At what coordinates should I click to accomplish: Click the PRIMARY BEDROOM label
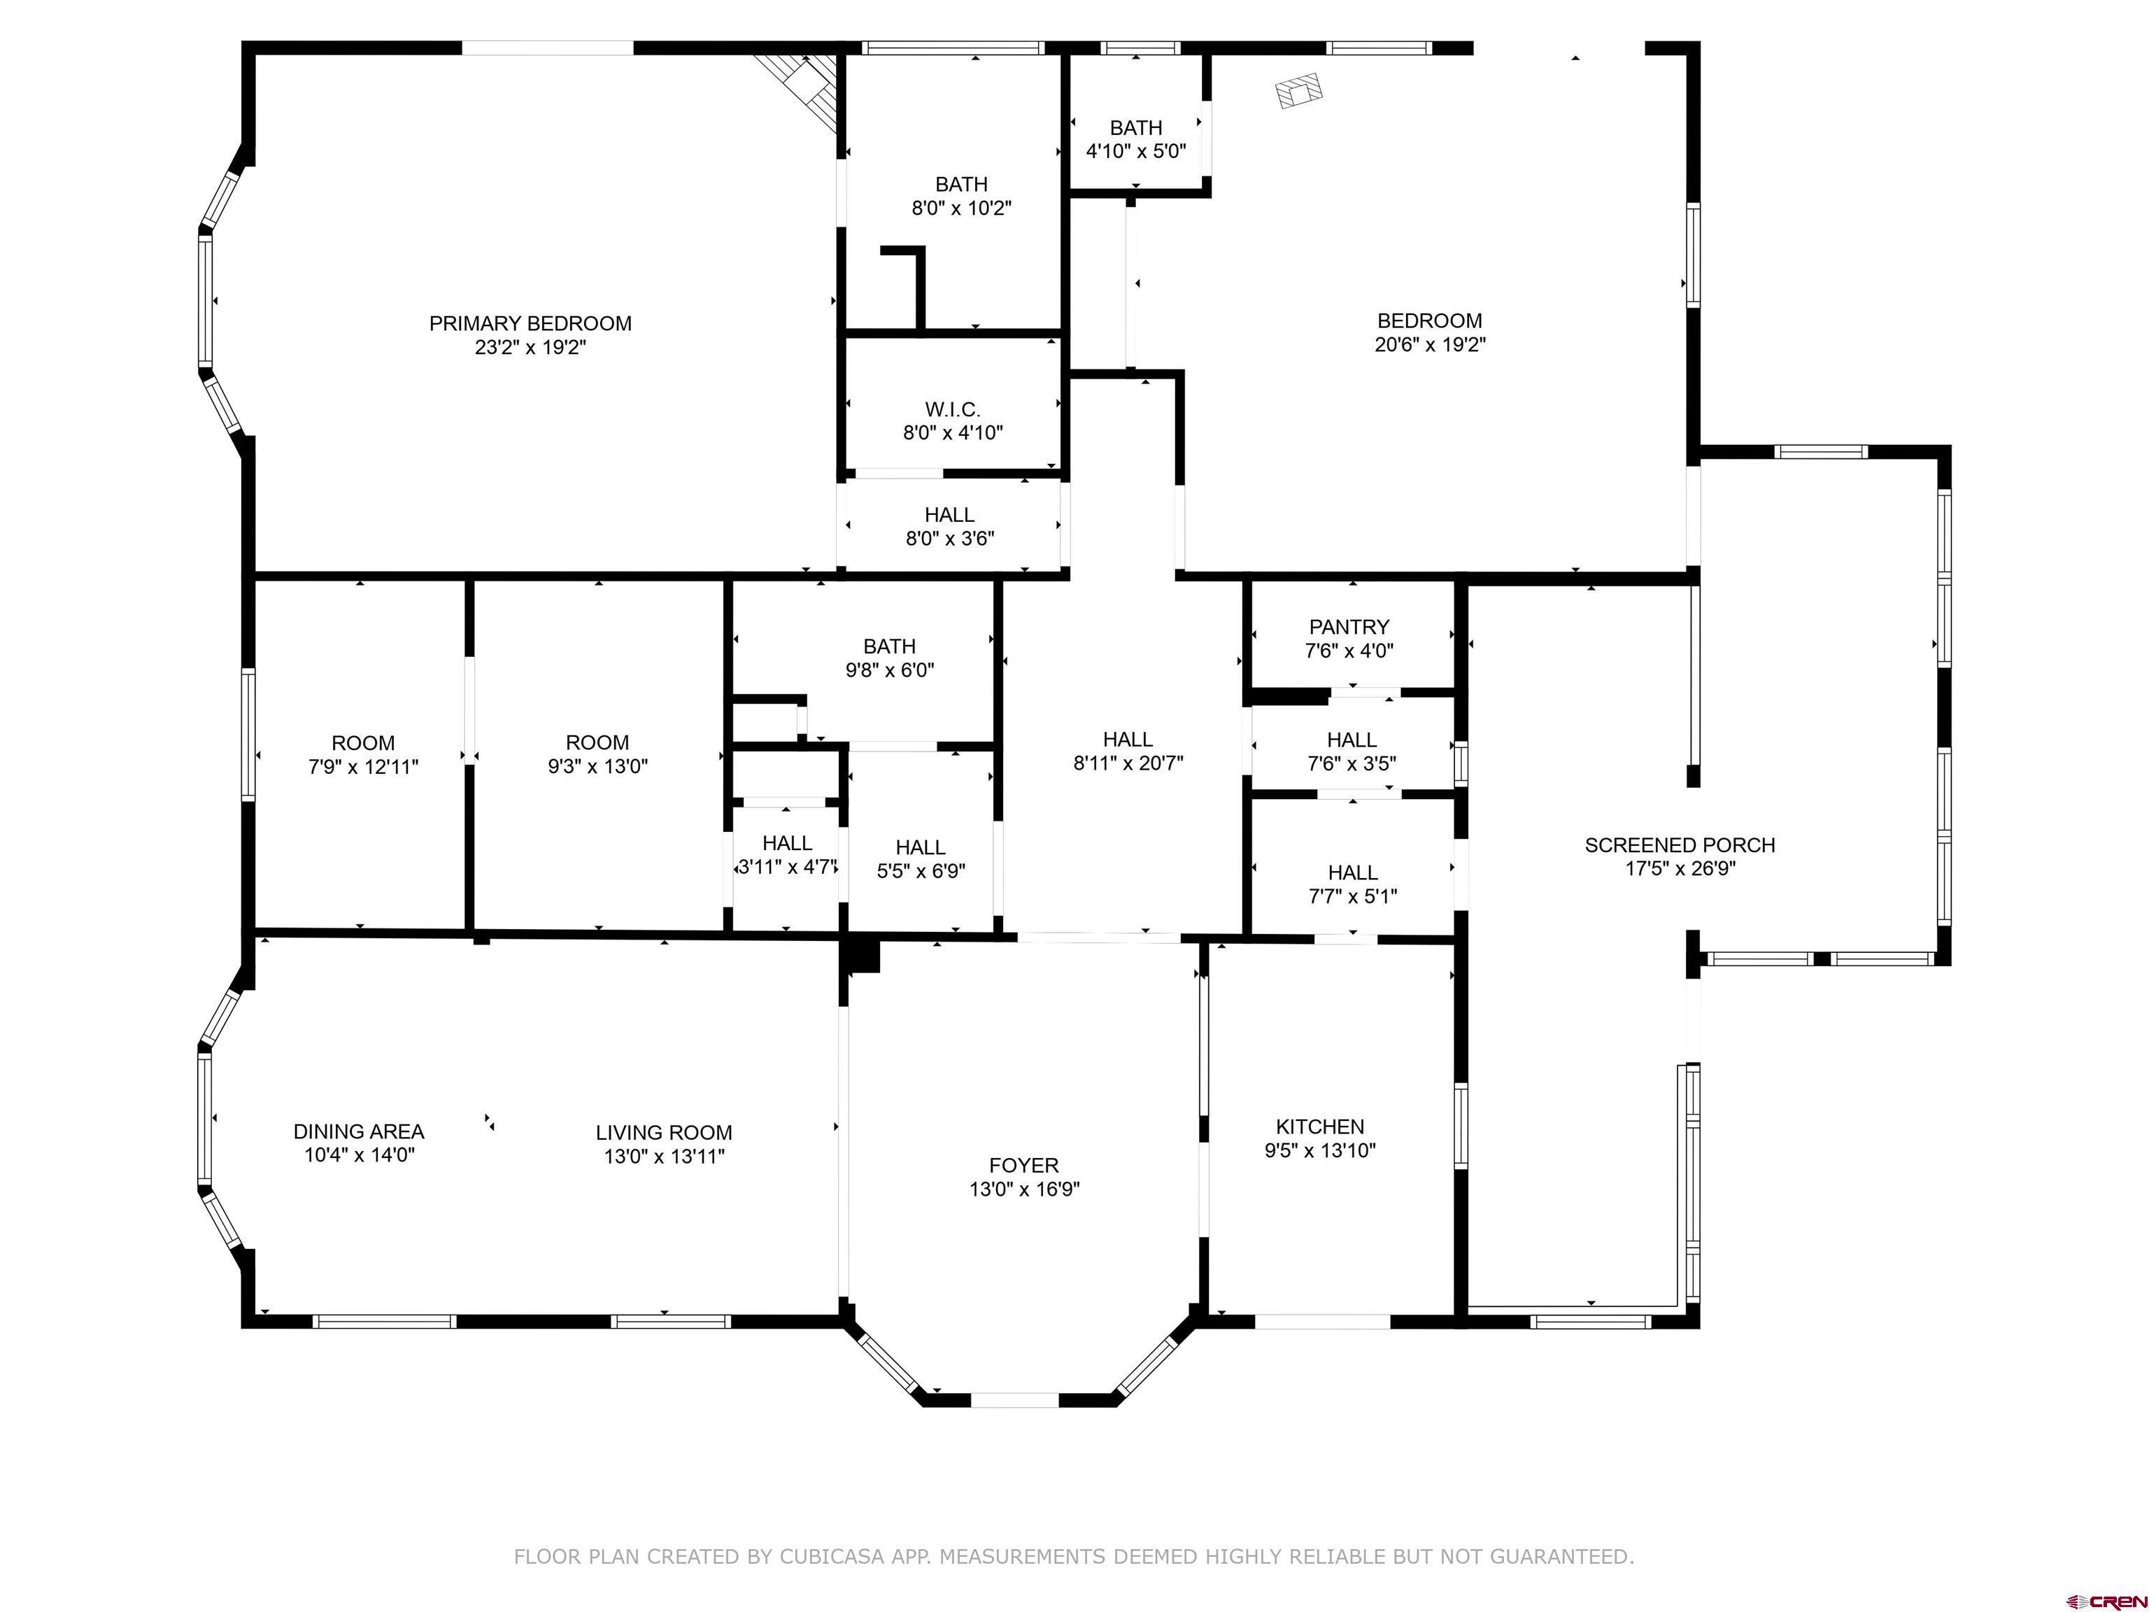(x=530, y=323)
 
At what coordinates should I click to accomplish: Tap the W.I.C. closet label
(x=952, y=410)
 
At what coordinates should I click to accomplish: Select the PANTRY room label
(x=1349, y=627)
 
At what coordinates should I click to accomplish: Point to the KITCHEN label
(x=1319, y=1126)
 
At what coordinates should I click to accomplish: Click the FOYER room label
(x=1024, y=1165)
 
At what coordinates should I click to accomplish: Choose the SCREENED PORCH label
(x=1680, y=845)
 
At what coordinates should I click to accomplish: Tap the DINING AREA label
(x=358, y=1131)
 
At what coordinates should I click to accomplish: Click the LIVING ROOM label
(x=664, y=1132)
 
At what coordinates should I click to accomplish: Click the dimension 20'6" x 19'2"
(x=1430, y=344)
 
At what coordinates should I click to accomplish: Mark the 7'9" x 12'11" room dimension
(x=363, y=767)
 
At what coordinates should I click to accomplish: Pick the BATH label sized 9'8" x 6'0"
(x=889, y=646)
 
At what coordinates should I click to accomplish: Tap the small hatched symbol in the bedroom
(x=1299, y=90)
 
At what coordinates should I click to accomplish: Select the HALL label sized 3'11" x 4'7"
(x=787, y=843)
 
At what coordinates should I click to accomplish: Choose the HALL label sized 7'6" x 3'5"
(x=1352, y=740)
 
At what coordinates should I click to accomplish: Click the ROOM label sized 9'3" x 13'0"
(x=597, y=742)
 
